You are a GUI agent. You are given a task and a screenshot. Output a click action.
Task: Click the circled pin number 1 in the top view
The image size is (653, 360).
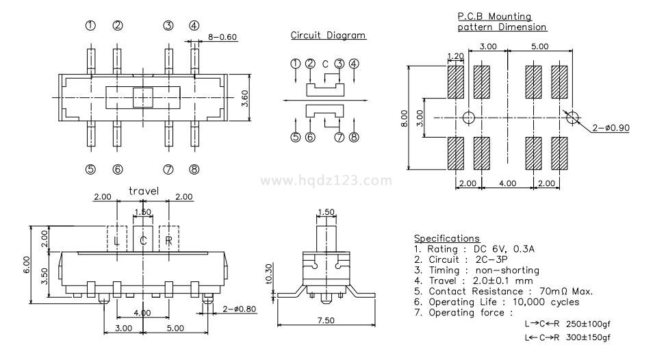point(90,26)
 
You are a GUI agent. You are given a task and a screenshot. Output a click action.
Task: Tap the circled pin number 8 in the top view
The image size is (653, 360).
point(194,170)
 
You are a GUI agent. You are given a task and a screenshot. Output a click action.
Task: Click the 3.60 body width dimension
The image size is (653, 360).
point(244,98)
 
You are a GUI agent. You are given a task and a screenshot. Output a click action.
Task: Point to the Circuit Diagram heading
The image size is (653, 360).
point(328,36)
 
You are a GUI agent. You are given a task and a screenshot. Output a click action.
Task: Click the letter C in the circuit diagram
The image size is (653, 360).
point(325,64)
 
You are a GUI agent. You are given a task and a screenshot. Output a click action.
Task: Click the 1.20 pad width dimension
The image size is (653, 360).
point(455,56)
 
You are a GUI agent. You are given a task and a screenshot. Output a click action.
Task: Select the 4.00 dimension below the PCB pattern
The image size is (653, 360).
point(507,184)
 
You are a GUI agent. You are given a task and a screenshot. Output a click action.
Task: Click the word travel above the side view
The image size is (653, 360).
point(143,191)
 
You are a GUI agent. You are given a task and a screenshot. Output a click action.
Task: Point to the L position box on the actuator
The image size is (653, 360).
point(117,240)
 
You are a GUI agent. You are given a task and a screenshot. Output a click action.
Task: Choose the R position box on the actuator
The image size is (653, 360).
point(168,240)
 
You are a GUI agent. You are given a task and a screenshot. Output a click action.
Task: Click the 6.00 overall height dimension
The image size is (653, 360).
point(26,263)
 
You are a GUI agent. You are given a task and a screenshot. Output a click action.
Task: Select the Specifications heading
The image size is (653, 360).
point(446,238)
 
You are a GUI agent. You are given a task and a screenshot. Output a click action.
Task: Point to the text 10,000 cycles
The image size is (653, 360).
point(545,302)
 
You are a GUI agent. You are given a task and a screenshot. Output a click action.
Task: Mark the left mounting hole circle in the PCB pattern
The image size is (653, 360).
point(468,117)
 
